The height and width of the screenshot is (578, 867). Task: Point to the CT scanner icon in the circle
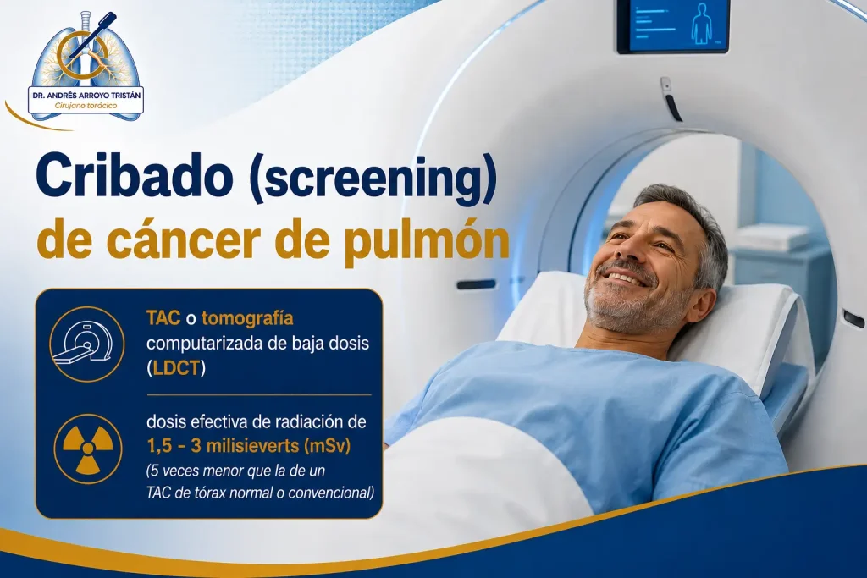[x=87, y=344]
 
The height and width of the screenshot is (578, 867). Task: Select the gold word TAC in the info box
[x=163, y=318]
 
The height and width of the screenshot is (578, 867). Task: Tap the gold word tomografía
[x=247, y=319]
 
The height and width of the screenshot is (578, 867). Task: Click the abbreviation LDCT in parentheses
[x=176, y=368]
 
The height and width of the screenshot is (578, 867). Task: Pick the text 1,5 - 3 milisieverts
[x=223, y=445]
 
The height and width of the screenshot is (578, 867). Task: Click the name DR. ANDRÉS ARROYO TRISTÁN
[x=86, y=95]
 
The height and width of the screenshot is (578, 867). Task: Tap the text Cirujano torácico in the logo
[x=86, y=106]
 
